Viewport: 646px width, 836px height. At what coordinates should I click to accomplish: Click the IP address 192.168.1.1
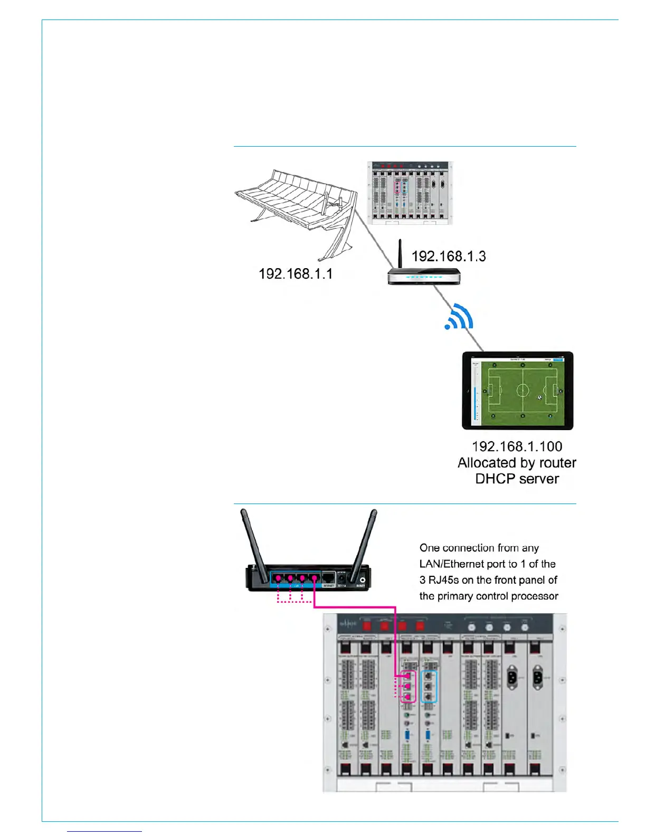tap(296, 273)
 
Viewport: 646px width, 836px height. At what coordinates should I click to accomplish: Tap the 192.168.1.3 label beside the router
tap(449, 256)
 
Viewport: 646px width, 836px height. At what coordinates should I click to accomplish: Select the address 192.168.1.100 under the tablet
tap(517, 446)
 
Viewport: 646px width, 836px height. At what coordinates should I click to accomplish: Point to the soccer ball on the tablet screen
tap(539, 397)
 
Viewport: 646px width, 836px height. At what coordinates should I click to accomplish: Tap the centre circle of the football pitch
tap(522, 391)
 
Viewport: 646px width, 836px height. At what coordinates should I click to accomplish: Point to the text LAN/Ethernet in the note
tap(452, 564)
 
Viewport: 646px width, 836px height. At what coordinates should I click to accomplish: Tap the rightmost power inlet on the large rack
tap(537, 677)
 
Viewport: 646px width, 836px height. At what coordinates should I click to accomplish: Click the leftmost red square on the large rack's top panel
tap(368, 626)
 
